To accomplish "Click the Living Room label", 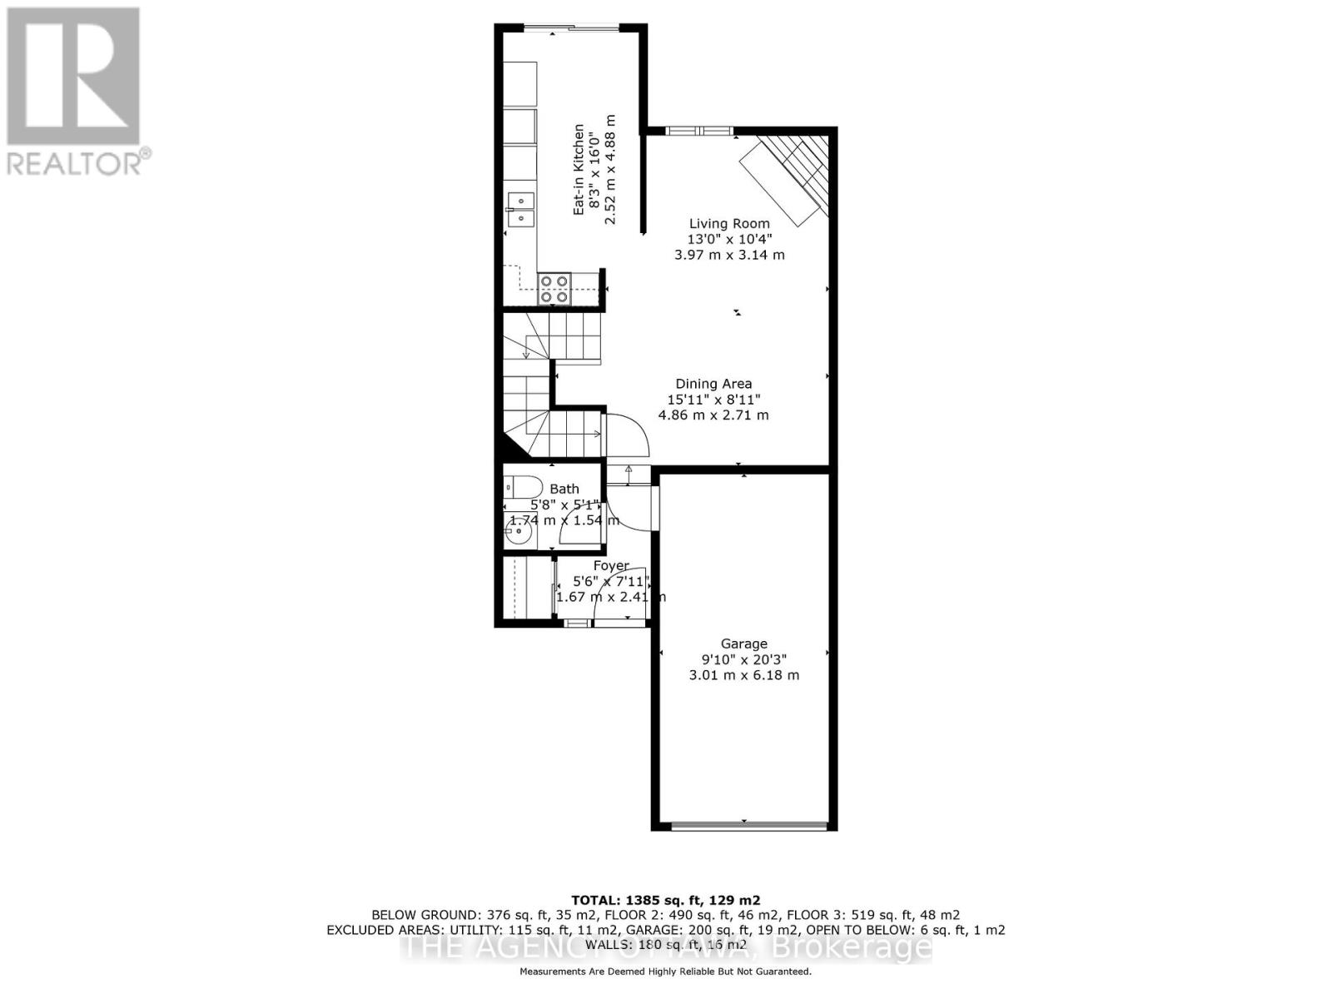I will (729, 223).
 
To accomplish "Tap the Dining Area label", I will (713, 384).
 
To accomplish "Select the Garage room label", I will (743, 644).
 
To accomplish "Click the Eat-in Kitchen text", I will (579, 170).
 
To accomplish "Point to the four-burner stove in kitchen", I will (554, 288).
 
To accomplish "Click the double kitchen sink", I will (521, 209).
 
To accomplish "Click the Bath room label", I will (564, 489).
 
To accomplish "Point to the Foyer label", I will (611, 566).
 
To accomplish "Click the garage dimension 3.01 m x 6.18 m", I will (743, 675).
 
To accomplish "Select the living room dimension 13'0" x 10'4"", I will (729, 239).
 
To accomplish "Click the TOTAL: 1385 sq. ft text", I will (665, 900).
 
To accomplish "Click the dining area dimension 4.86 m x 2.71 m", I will (713, 415).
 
